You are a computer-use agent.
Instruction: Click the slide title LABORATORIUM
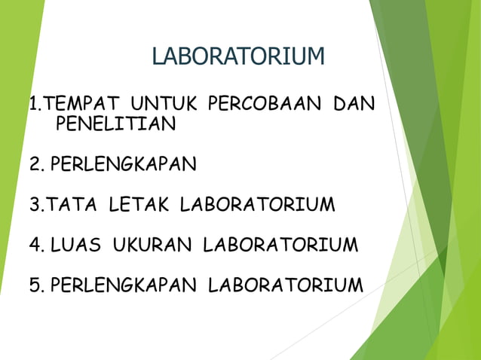(x=238, y=56)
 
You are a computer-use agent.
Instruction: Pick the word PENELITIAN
(x=115, y=124)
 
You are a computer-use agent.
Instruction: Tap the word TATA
(x=75, y=204)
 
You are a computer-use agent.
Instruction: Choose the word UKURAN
(x=155, y=245)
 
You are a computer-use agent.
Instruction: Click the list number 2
(x=35, y=164)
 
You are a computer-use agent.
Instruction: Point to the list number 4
(x=35, y=245)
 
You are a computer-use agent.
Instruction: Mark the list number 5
(x=35, y=285)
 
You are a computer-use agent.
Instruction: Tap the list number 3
(x=35, y=204)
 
